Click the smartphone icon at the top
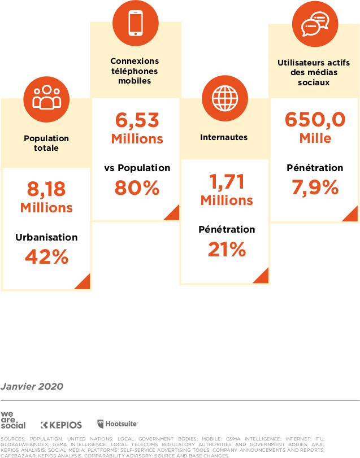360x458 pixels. coord(136,22)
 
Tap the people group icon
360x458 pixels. coord(46,98)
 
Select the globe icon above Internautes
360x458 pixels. coord(225,98)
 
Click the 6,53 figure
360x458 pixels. coord(137,120)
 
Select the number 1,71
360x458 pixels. coord(226,181)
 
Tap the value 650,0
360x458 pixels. coord(315,120)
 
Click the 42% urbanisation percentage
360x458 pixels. coord(46,257)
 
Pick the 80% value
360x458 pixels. coord(137,188)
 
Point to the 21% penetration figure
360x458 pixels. coord(226,249)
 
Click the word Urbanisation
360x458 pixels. coord(46,237)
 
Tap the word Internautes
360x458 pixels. coord(224,137)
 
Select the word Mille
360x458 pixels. coord(315,139)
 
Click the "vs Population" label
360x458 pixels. coord(137,168)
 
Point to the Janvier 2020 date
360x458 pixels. coord(32,386)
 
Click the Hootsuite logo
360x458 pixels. coord(118,424)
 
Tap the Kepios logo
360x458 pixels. coord(62,425)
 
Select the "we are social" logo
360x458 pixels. coord(13,421)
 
